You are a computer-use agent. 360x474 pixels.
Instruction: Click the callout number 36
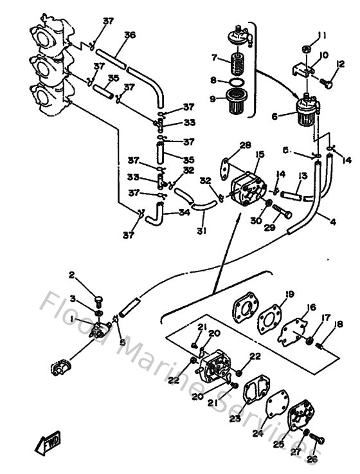point(130,35)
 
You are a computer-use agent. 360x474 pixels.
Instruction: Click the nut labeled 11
point(307,49)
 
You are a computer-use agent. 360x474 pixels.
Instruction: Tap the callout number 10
point(324,56)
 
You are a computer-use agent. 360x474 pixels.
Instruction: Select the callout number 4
point(333,223)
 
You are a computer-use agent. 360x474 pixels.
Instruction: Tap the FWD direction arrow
point(50,444)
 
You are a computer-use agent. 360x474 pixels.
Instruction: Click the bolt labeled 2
point(98,298)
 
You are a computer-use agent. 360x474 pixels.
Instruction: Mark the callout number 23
point(234,418)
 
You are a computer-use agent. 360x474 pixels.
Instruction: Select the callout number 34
point(184,212)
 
